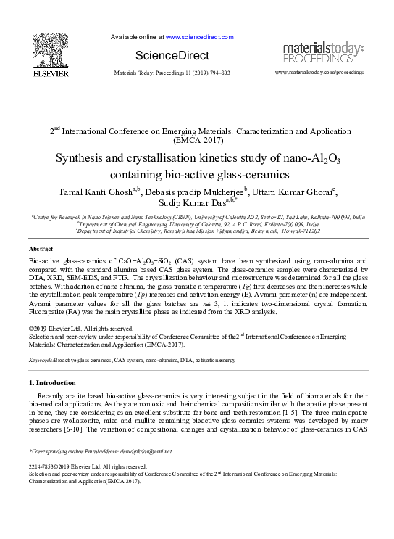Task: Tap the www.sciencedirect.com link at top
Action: tap(200, 36)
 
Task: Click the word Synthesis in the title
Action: tap(83, 160)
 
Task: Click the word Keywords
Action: tap(40, 360)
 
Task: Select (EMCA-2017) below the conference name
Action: tap(197, 144)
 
